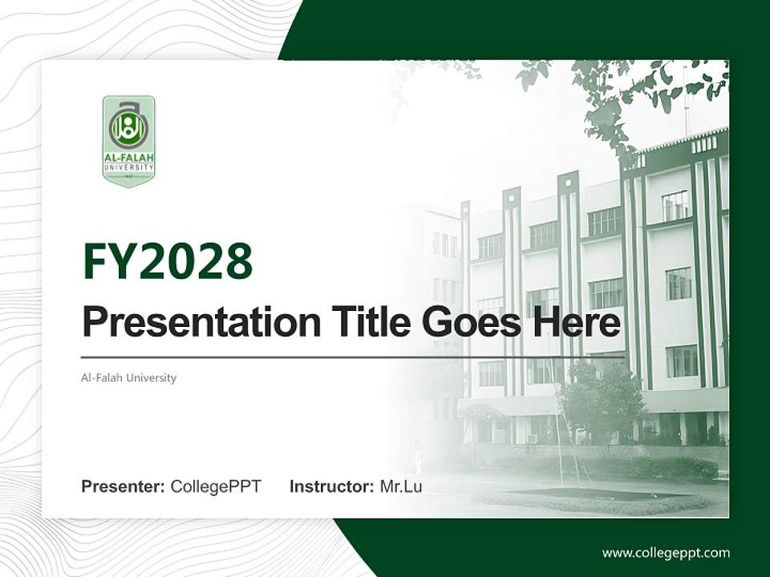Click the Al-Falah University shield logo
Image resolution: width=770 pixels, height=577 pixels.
pyautogui.click(x=128, y=141)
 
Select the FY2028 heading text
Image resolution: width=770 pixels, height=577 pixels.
pyautogui.click(x=168, y=262)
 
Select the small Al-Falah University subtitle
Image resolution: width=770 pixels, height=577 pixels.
pyautogui.click(x=128, y=377)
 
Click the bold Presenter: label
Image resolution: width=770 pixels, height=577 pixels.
pyautogui.click(x=124, y=486)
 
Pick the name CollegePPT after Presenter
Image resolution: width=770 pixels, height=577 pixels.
pyautogui.click(x=216, y=486)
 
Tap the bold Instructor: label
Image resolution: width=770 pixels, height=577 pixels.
pyautogui.click(x=331, y=486)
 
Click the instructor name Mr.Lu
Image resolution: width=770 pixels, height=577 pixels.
pyautogui.click(x=400, y=486)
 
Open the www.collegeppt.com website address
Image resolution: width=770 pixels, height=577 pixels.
pyautogui.click(x=666, y=552)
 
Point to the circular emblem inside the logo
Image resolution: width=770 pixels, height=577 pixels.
pyautogui.click(x=128, y=126)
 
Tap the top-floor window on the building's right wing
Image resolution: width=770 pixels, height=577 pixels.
pyautogui.click(x=675, y=205)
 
